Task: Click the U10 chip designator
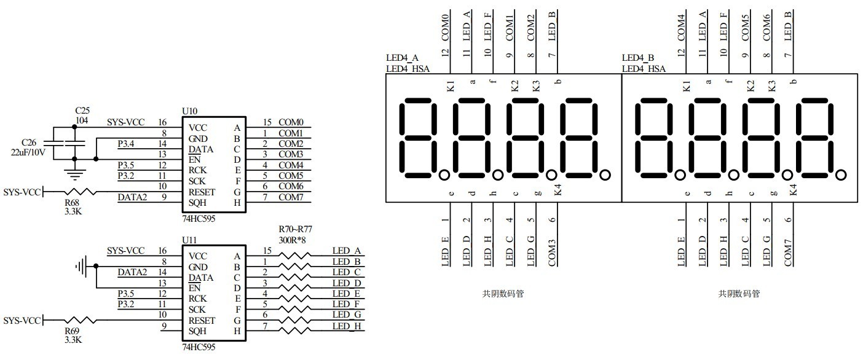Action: pos(190,111)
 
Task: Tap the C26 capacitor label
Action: pos(28,142)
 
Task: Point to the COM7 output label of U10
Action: pos(291,197)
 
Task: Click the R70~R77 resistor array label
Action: pos(296,230)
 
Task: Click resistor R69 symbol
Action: pos(80,320)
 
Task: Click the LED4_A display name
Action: pos(403,58)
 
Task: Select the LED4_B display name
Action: pos(639,58)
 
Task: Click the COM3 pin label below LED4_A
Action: pos(552,252)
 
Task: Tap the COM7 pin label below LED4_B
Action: pos(788,252)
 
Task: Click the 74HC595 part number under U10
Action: pos(199,218)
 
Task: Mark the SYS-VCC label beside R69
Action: pos(21,321)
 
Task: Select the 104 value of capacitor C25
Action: pos(82,120)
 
